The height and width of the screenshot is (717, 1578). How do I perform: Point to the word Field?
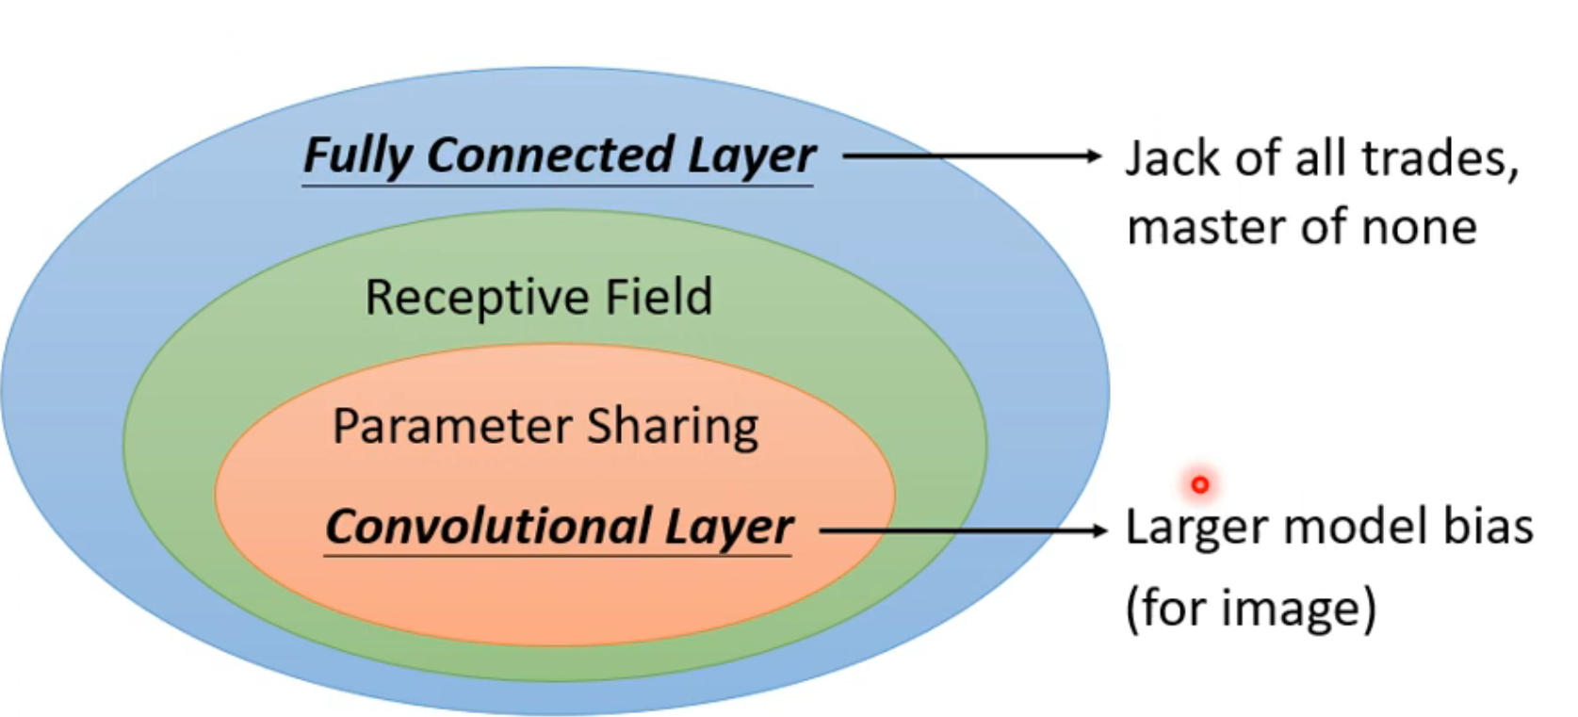click(659, 297)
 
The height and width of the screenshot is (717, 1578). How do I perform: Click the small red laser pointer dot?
click(1199, 484)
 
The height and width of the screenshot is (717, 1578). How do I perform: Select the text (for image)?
click(1251, 608)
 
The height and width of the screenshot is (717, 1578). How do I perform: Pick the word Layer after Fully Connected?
click(751, 155)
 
